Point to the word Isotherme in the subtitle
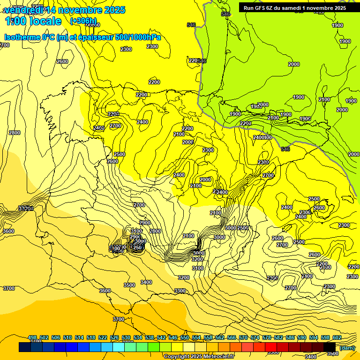[x=22, y=37]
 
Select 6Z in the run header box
[x=273, y=8]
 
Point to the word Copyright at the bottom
[x=177, y=357]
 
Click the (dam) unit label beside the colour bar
[x=346, y=347]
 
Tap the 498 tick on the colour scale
[x=32, y=337]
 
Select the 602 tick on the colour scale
[x=337, y=337]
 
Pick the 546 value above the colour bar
[x=173, y=337]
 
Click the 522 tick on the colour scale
[x=103, y=337]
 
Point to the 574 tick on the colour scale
[x=255, y=337]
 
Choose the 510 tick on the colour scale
[x=67, y=337]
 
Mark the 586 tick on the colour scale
[x=290, y=337]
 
